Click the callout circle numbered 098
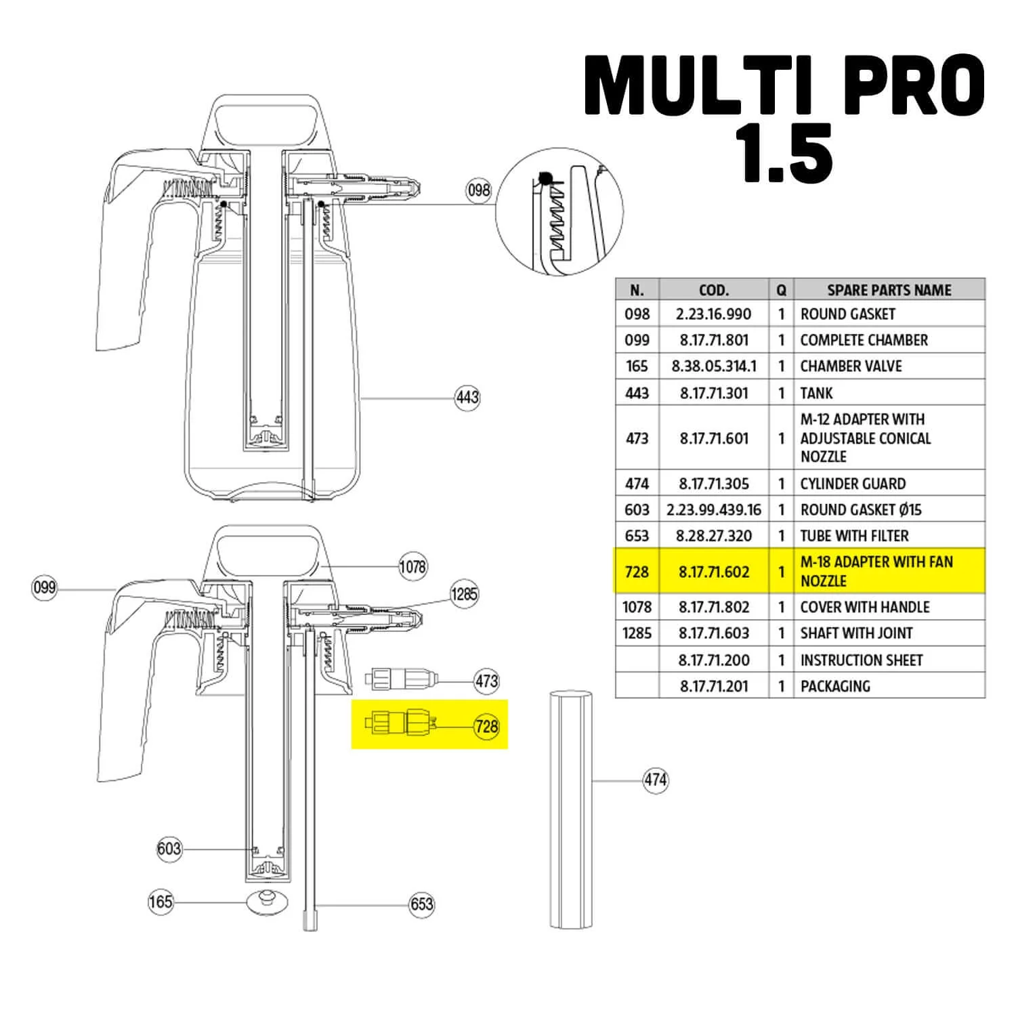(x=478, y=190)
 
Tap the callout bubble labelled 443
(x=467, y=397)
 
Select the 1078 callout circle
(x=412, y=566)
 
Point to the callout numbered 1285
(x=464, y=594)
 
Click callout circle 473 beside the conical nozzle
(x=486, y=681)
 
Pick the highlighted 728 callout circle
(x=486, y=727)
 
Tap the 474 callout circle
(x=655, y=780)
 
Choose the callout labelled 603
(x=169, y=849)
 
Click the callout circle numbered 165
(x=161, y=902)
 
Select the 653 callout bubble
(x=421, y=904)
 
